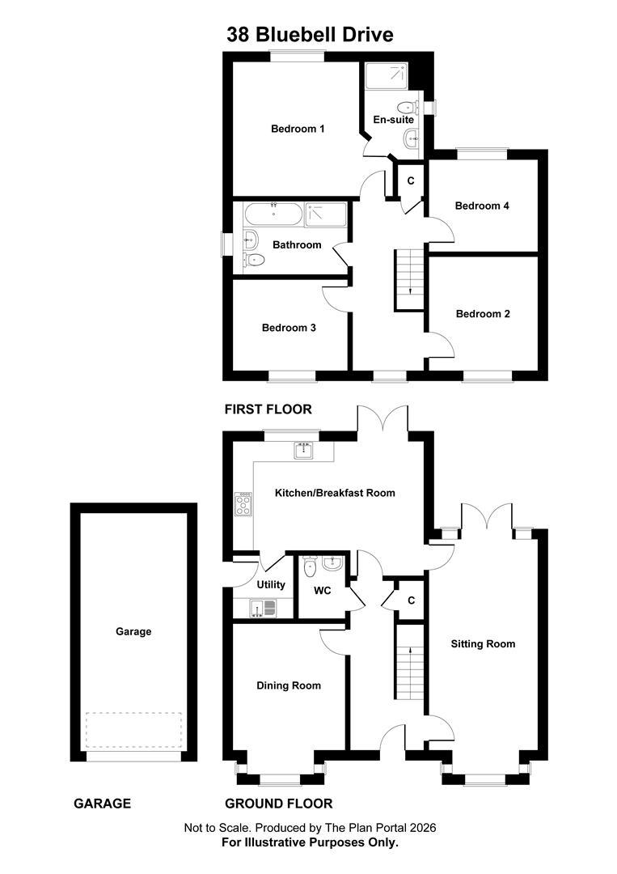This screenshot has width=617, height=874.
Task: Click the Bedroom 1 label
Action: (x=298, y=129)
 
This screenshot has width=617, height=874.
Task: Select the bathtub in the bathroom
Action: (x=273, y=214)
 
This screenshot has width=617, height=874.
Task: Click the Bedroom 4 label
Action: (x=482, y=206)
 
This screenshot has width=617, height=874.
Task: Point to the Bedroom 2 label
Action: (x=483, y=314)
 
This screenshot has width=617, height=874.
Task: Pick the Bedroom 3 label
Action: (x=289, y=328)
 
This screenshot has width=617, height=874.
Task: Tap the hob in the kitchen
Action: (x=243, y=504)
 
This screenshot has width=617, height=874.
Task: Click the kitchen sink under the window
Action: (x=303, y=450)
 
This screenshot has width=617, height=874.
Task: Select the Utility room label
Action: (x=271, y=585)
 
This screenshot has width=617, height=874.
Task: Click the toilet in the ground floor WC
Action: (x=311, y=566)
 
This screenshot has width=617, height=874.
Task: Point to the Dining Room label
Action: (x=289, y=685)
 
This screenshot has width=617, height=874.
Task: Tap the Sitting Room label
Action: (x=483, y=644)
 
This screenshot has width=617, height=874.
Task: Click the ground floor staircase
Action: (x=410, y=669)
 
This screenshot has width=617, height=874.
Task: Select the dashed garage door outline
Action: (x=133, y=731)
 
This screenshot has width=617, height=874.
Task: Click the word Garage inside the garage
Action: (x=133, y=631)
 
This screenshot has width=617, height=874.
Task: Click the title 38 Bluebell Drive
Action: (x=310, y=35)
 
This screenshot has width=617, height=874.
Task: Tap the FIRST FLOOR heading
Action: (x=268, y=409)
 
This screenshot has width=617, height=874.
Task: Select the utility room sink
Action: (x=262, y=608)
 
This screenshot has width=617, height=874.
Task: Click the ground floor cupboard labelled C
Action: (x=411, y=600)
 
